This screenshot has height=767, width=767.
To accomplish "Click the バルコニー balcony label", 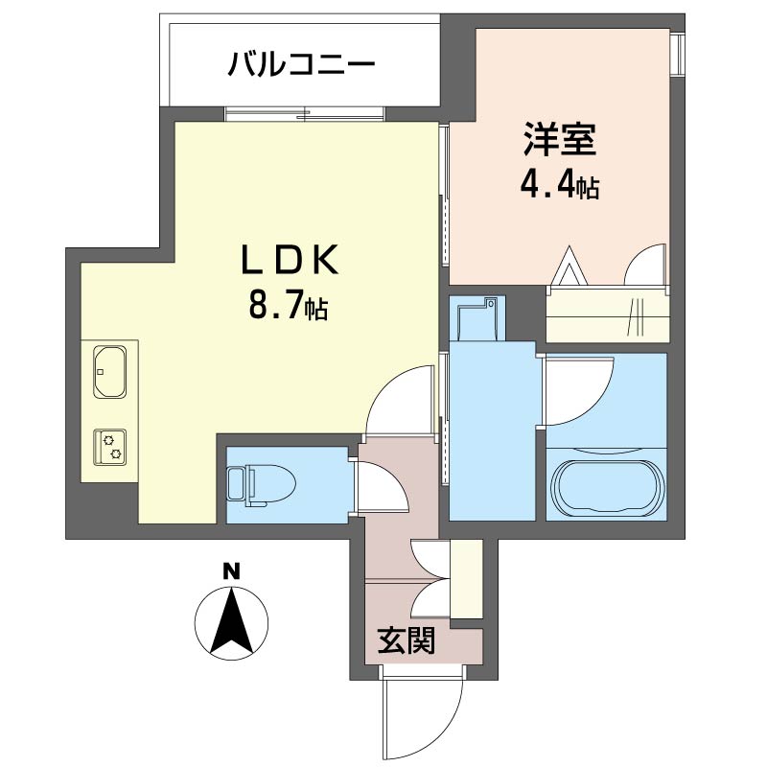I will tap(300, 66).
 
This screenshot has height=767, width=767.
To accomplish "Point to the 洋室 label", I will tap(560, 141).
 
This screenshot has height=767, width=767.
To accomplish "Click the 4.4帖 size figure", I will tap(560, 185).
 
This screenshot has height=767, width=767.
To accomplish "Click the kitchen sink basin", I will tap(111, 373).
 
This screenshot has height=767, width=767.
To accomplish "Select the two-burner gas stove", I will tap(111, 446).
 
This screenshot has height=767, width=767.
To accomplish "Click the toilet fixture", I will tap(250, 484).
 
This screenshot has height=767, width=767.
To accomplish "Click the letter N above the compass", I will tap(230, 571).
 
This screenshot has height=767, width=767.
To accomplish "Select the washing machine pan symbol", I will tap(476, 317).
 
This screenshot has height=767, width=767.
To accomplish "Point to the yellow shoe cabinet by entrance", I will tap(466, 579).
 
